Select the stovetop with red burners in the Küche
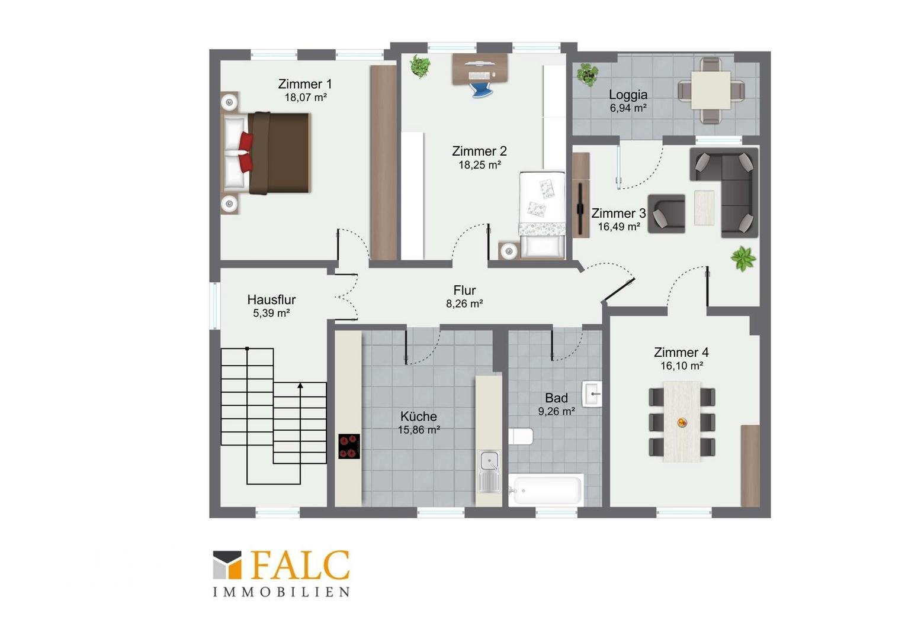pos(349,446)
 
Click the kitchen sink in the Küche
pos(489,471)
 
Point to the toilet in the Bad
pos(521,437)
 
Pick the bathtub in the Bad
pos(546,490)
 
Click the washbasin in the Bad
pos(592,393)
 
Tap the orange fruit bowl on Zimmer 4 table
pos(682,422)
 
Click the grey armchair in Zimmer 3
pos(666,214)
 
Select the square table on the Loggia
pos(711,91)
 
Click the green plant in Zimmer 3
pos(743,258)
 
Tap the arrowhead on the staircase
pos(300,386)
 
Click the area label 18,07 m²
pos(306,97)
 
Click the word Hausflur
pos(271,299)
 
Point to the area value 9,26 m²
pos(556,411)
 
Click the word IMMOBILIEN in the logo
pos(281,592)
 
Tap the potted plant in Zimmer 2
pos(420,66)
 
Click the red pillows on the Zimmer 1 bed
pos(246,152)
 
